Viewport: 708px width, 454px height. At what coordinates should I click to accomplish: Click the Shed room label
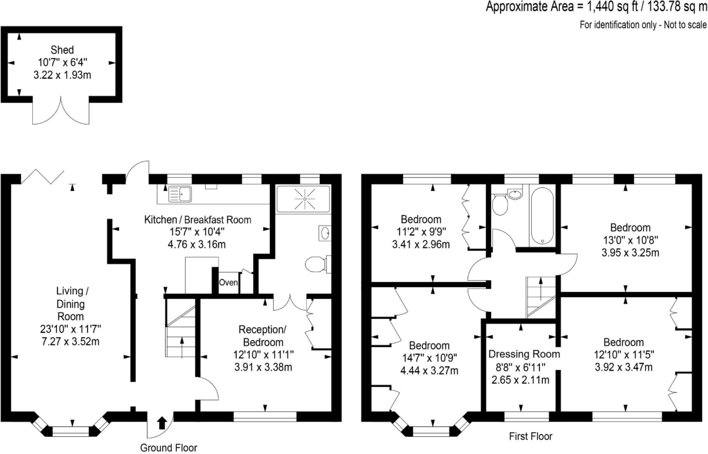coord(62,51)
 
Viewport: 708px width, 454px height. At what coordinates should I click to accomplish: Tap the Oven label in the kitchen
coord(229,283)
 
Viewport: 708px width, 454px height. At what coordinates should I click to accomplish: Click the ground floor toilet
coord(317,264)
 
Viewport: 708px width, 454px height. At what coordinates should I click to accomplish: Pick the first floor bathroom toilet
coord(501,205)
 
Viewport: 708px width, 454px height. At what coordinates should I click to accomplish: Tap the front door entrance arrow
coord(162,422)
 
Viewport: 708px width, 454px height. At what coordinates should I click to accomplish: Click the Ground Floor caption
coord(168,448)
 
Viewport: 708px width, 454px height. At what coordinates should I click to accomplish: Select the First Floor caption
coord(531,436)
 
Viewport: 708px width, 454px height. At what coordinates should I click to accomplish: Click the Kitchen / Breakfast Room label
coord(197,220)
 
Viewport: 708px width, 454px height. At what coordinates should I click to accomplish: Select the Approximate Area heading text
coord(596,8)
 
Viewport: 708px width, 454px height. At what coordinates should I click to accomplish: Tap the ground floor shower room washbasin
coord(325,232)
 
